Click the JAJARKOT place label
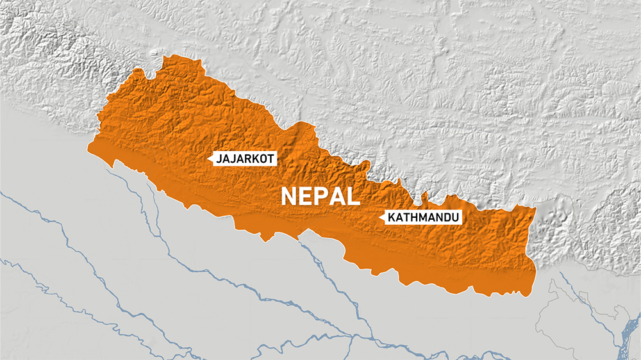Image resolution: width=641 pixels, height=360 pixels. click(246, 158)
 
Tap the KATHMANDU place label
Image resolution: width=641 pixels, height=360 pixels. click(422, 218)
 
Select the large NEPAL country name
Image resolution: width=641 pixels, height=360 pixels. click(320, 196)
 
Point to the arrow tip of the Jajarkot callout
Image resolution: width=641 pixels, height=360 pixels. click(211, 158)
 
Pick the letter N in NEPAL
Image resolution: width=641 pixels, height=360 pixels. click(290, 196)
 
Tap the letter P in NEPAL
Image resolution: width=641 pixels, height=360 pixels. click(321, 196)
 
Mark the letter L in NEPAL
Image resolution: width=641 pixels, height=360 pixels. click(352, 196)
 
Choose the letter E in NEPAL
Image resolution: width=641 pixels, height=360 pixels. click(306, 196)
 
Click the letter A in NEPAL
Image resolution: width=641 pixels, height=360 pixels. click(337, 196)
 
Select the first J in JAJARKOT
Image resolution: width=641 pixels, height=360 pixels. click(220, 158)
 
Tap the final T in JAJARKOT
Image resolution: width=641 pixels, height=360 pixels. click(271, 158)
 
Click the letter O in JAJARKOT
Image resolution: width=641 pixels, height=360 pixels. click(263, 158)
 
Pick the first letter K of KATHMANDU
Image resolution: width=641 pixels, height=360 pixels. click(390, 218)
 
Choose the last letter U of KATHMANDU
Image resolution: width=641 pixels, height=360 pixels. click(456, 218)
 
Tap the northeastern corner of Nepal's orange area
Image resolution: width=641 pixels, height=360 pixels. click(535, 208)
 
